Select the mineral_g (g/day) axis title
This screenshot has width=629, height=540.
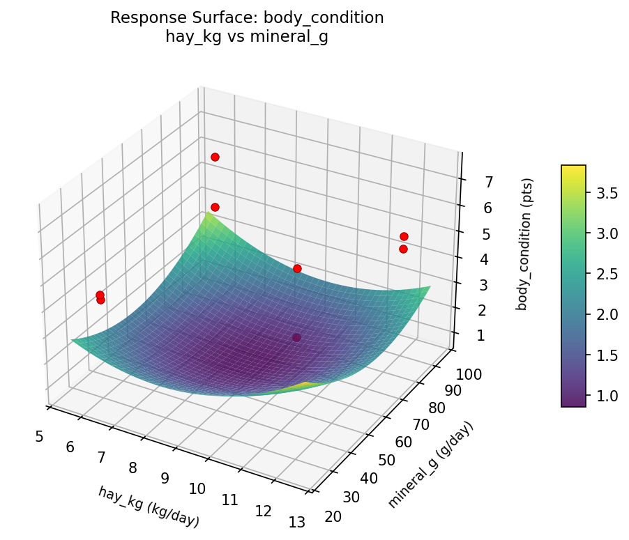(430, 465)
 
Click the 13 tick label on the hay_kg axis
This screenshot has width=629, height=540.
(296, 522)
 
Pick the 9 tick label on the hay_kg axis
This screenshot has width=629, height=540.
(165, 478)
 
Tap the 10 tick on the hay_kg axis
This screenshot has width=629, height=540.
(197, 488)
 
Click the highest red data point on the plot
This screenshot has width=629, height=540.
(215, 157)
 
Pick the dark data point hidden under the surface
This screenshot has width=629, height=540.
(296, 337)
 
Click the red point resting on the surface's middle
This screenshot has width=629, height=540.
(297, 268)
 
